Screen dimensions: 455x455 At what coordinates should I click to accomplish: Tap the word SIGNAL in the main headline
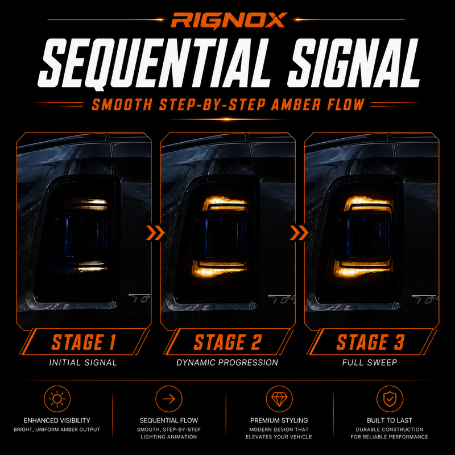(x=354, y=63)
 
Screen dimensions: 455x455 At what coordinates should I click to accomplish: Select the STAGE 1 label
(x=84, y=342)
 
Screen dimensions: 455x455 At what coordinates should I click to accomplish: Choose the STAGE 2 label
(x=227, y=342)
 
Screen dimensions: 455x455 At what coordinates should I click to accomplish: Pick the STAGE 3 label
(x=371, y=342)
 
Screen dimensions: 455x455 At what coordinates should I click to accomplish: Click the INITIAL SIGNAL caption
(x=83, y=362)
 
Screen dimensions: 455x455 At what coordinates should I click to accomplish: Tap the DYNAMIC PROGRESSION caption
(x=227, y=362)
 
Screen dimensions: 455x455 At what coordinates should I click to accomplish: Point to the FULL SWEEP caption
(x=370, y=362)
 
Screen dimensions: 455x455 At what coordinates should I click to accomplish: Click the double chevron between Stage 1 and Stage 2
(x=155, y=233)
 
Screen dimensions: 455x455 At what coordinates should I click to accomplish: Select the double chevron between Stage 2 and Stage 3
(x=299, y=233)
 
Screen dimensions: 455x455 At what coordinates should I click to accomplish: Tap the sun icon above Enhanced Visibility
(x=57, y=399)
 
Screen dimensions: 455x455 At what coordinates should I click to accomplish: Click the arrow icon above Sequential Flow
(x=168, y=399)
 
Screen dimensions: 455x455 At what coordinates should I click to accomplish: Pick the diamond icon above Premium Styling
(x=279, y=399)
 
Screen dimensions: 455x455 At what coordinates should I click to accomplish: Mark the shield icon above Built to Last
(x=390, y=399)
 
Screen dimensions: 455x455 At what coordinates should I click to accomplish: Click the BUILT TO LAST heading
(x=390, y=420)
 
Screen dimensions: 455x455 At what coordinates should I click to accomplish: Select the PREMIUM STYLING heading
(x=279, y=420)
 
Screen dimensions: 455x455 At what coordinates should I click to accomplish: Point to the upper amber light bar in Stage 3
(x=368, y=203)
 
